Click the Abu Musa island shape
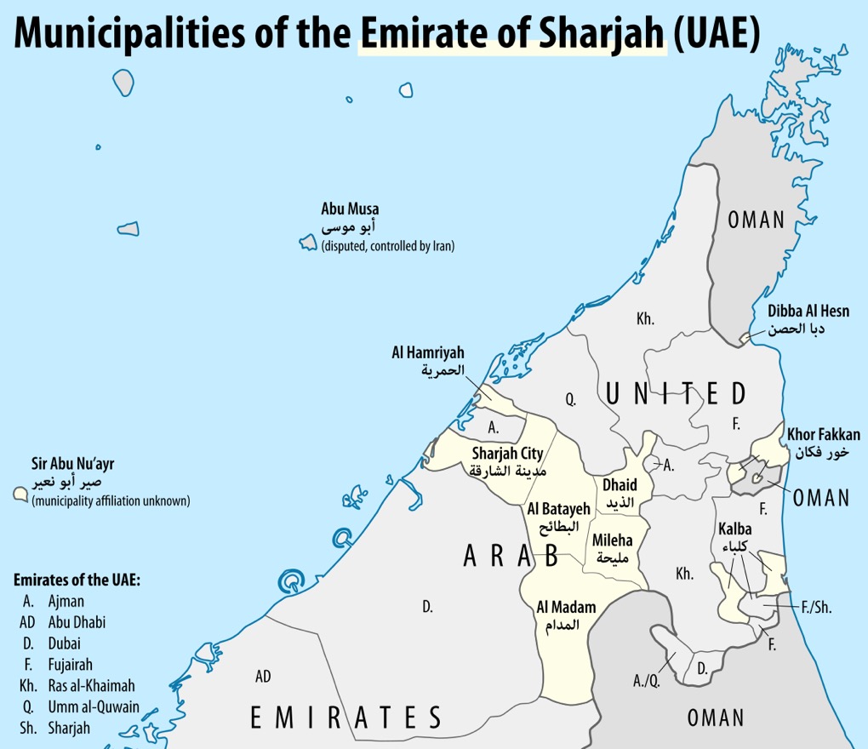pos(308,243)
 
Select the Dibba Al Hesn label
pos(808,312)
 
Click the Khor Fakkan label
pos(823,435)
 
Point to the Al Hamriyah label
pos(428,353)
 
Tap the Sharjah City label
pos(507,454)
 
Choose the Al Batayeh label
pos(558,509)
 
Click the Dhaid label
pos(620,485)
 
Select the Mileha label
pos(612,540)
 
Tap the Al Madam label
pos(565,607)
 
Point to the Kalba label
pos(734,529)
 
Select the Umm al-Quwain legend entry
pos(93,706)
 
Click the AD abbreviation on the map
pos(263,677)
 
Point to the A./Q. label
pos(646,680)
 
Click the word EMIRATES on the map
pos(345,718)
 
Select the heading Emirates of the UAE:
pos(76,580)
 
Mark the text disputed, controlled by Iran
pos(388,246)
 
